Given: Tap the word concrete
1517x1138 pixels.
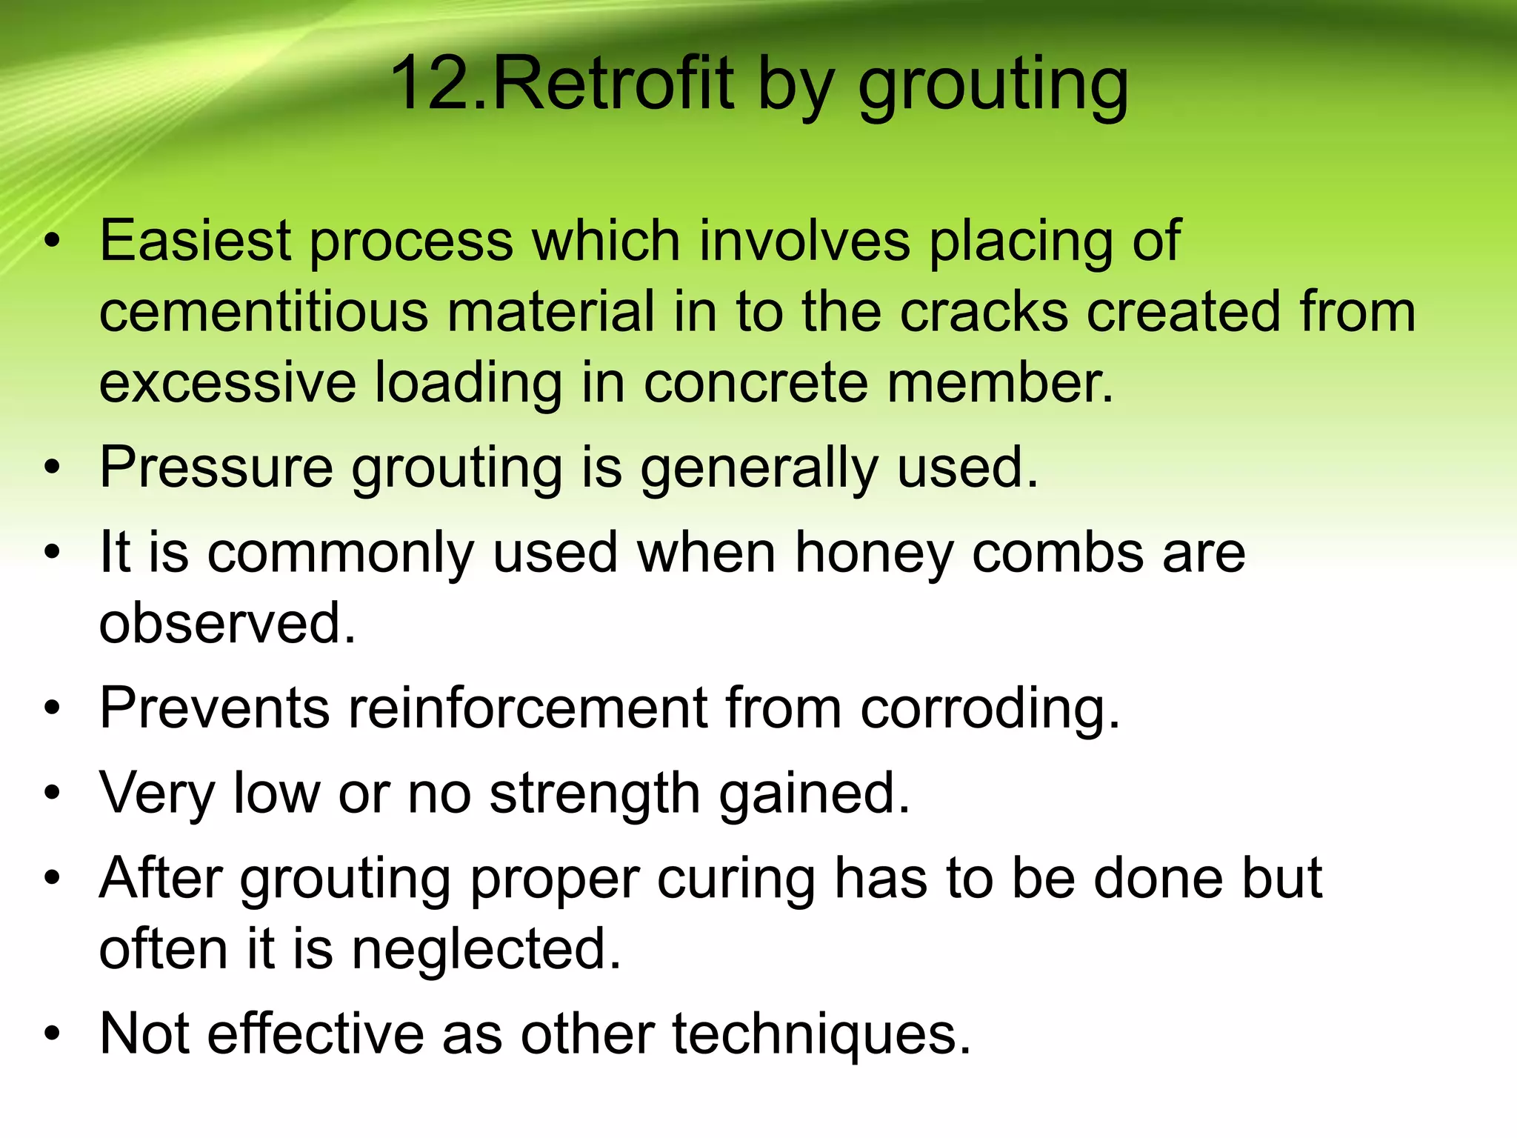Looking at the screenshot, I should (755, 382).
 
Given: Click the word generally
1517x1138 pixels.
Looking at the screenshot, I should (759, 469).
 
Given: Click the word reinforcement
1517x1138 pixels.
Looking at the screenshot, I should (528, 708).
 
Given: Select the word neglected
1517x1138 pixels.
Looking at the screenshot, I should (486, 950).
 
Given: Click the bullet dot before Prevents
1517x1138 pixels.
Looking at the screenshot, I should (51, 709).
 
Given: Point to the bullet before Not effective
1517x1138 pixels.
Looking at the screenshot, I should (51, 1034).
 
